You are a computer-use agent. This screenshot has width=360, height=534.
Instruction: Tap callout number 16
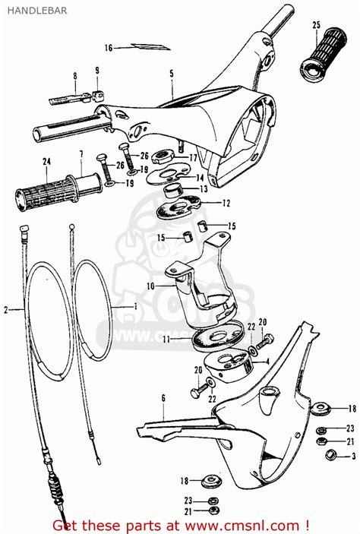click(x=108, y=47)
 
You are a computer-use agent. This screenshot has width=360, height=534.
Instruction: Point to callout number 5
click(x=172, y=74)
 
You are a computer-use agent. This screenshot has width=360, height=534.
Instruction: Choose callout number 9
click(x=97, y=71)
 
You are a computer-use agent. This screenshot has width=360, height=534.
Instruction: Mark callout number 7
click(x=81, y=154)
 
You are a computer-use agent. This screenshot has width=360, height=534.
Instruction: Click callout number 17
click(x=194, y=158)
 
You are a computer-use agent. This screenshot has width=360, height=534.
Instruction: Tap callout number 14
click(x=201, y=177)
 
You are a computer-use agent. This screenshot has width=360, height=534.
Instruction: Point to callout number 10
click(x=151, y=285)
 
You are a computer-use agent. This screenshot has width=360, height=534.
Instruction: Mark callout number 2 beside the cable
click(x=6, y=309)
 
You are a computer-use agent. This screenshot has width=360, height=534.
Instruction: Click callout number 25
click(x=316, y=26)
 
